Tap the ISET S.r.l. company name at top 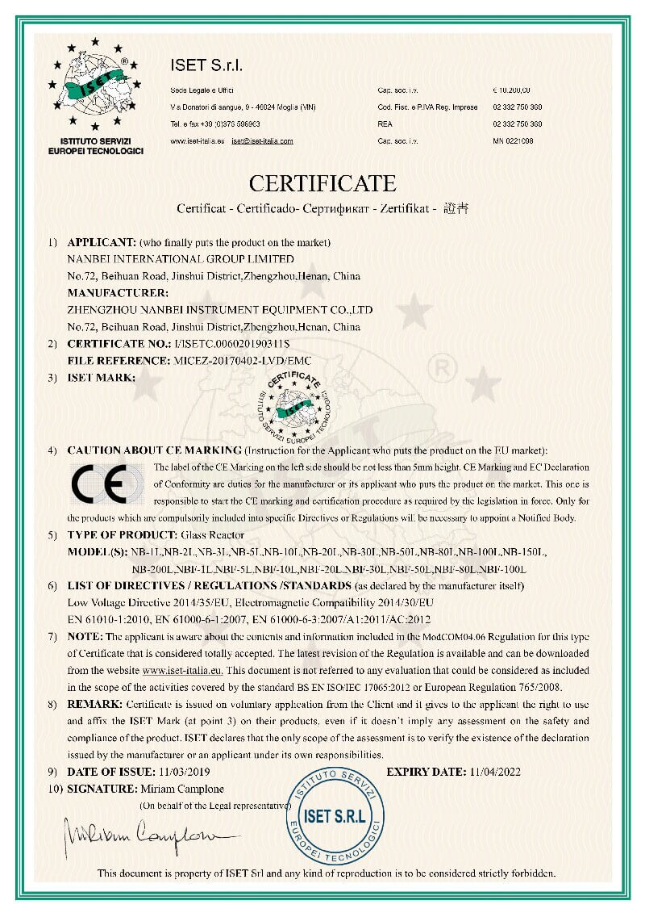(x=207, y=65)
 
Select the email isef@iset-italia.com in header (x=262, y=140)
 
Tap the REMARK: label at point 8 (x=95, y=704)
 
